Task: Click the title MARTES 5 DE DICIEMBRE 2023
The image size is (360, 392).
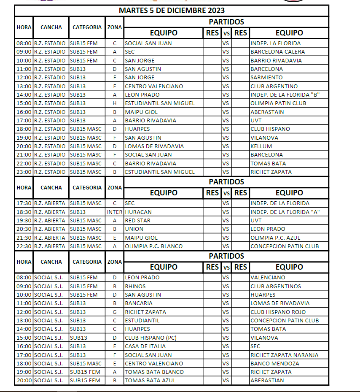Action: point(171,10)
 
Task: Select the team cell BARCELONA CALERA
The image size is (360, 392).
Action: point(277,52)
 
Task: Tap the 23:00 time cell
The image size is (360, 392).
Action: point(24,172)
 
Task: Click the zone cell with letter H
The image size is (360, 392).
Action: point(115,103)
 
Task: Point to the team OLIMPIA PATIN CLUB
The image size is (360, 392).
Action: point(278,103)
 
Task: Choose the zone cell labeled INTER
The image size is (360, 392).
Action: point(115,212)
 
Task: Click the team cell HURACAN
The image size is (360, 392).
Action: point(138,212)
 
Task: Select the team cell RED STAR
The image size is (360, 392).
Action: point(138,221)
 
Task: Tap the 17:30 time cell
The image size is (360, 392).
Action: point(24,203)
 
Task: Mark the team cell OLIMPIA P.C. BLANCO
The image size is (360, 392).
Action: point(154,246)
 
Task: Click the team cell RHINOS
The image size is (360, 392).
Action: point(136,286)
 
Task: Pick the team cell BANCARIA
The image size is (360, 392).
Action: point(139,303)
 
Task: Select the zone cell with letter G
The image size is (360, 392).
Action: point(115,312)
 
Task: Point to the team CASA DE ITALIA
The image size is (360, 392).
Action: point(144,346)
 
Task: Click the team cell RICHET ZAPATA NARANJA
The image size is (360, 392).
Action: point(284,355)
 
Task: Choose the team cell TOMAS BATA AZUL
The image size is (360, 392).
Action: point(150,381)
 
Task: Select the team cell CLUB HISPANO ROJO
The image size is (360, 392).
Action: point(278,312)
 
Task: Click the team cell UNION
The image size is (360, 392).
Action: point(134,229)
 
